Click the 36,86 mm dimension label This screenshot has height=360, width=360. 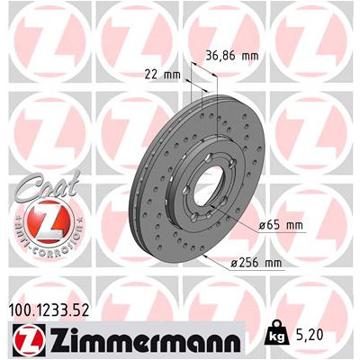point(231,56)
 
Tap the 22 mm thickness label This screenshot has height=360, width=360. point(162,75)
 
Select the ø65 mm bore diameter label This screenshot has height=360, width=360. point(281,225)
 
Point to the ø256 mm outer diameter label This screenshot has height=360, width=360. point(256,263)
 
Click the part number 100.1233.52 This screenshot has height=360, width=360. point(49,310)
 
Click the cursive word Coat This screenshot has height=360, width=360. point(49,186)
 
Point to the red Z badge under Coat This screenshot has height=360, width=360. point(49,222)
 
